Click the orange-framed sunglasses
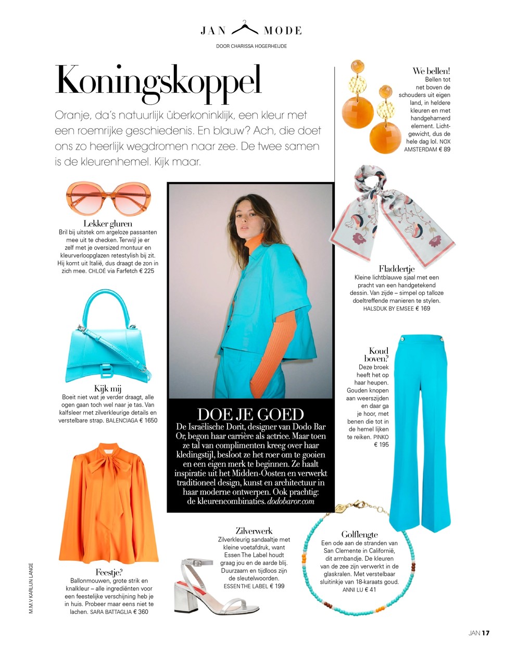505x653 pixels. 108,199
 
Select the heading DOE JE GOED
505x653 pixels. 250,414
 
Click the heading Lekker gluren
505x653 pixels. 108,224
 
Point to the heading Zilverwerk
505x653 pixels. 254,531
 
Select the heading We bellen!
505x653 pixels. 431,71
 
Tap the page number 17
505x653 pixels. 485,633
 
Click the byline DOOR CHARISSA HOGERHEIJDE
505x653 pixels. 251,46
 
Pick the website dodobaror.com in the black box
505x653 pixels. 291,501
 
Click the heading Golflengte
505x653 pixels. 359,534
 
